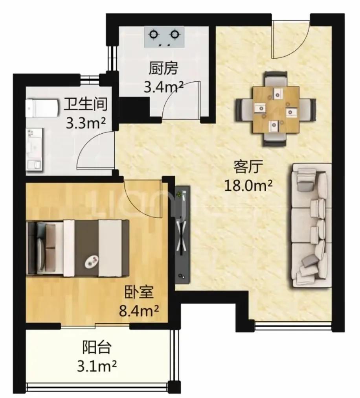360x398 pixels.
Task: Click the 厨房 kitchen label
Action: pyautogui.click(x=163, y=68)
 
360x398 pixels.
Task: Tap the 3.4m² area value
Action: pyautogui.click(x=163, y=87)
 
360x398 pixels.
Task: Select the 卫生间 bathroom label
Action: pyautogui.click(x=86, y=104)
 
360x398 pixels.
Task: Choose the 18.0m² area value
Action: pyautogui.click(x=248, y=186)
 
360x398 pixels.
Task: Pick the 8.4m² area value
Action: pyautogui.click(x=139, y=311)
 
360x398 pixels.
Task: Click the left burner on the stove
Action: pyautogui.click(x=153, y=34)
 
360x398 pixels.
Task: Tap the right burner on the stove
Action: pyautogui.click(x=174, y=34)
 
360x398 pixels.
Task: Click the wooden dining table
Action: pyautogui.click(x=276, y=110)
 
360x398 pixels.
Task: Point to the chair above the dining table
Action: pyautogui.click(x=276, y=79)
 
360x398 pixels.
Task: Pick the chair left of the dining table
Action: pyautogui.click(x=244, y=110)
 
